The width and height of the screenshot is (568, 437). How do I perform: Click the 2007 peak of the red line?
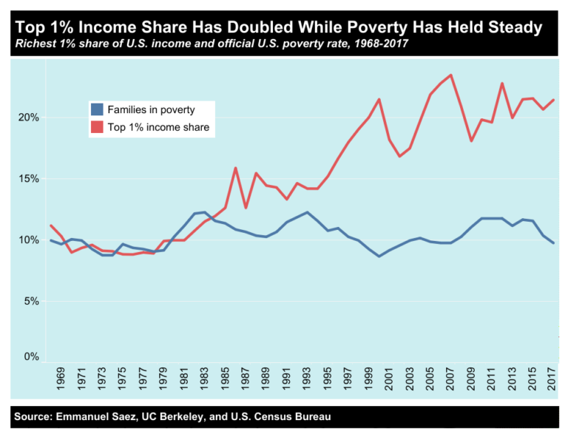[451, 75]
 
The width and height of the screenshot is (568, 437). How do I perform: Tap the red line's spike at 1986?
[235, 168]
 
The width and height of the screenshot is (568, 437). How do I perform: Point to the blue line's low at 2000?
[379, 257]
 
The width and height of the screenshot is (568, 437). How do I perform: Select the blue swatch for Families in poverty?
[97, 109]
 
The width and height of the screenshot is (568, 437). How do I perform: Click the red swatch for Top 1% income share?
[97, 127]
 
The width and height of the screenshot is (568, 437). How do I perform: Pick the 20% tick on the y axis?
[29, 118]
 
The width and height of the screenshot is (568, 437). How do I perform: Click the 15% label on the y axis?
[29, 179]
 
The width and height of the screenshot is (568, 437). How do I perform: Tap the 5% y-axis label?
[31, 301]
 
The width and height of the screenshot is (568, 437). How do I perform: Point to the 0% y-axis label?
[31, 357]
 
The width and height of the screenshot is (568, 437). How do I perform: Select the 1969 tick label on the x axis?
[61, 379]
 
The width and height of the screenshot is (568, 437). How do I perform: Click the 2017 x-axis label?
[552, 379]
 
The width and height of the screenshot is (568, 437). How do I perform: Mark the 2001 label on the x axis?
[389, 379]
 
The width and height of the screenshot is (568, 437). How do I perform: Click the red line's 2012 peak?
[502, 84]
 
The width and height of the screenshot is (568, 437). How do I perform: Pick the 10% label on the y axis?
[29, 240]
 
